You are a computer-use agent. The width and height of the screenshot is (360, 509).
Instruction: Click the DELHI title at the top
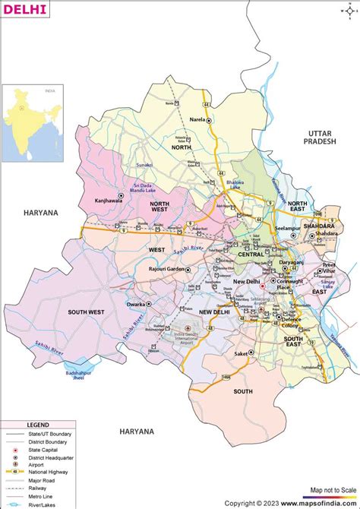click(24, 10)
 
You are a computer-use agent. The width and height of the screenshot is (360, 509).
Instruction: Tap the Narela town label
click(196, 120)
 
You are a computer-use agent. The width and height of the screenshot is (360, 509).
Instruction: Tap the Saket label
click(242, 353)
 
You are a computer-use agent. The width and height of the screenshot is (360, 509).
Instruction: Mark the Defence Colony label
click(291, 322)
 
